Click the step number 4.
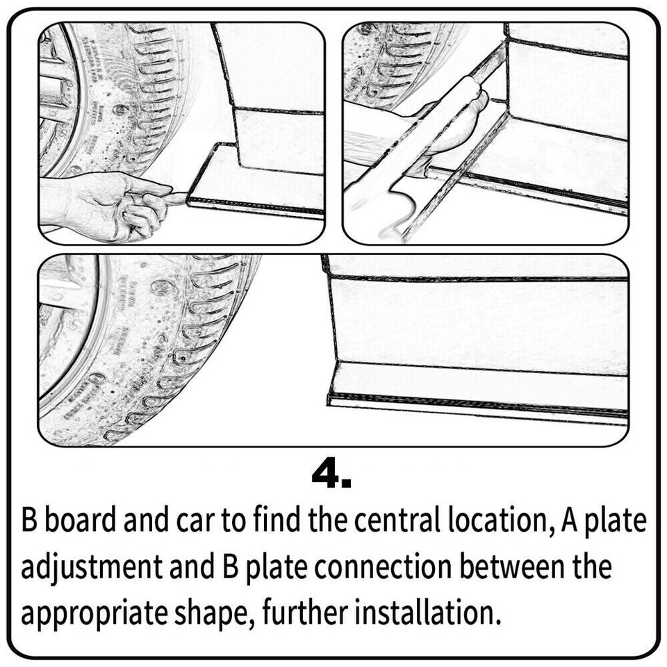(331, 476)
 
